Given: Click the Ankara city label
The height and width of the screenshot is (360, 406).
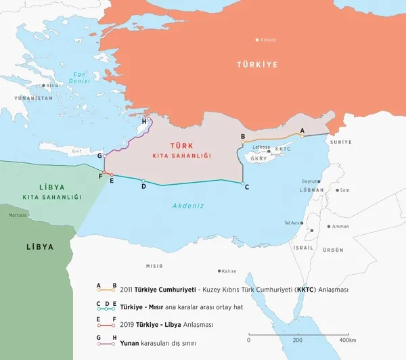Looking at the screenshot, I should tap(268, 40).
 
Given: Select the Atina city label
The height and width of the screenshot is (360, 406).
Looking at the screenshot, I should tap(52, 85).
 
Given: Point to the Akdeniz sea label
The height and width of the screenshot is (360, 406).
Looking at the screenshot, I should tap(188, 205).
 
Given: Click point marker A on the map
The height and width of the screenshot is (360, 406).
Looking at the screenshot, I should tap(302, 135).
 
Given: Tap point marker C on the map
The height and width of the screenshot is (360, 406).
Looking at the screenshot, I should tap(243, 183).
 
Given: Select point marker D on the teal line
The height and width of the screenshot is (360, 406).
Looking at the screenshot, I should tap(143, 181).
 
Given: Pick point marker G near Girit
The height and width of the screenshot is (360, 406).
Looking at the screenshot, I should tap(105, 156).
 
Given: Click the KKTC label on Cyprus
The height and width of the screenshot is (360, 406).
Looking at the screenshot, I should tap(283, 149).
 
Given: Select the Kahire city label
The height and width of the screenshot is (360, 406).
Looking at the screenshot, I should tap(229, 271).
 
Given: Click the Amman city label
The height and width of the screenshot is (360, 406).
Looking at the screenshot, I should tap(341, 227).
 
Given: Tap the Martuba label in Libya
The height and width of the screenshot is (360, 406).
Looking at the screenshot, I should tap(18, 215).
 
